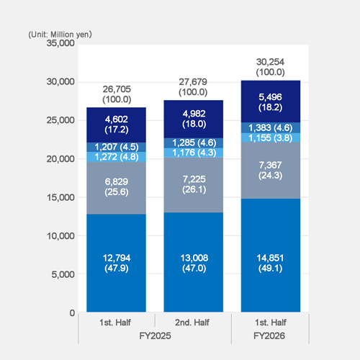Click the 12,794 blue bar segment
click(x=116, y=263)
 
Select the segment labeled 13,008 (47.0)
click(x=192, y=263)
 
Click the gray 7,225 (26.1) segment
click(x=192, y=185)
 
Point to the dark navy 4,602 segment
click(x=116, y=124)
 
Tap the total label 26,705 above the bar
click(x=116, y=89)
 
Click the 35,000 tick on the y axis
click(x=60, y=43)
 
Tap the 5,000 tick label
click(x=63, y=274)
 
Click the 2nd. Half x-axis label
click(x=192, y=322)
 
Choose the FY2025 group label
click(x=154, y=336)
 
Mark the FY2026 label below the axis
click(x=269, y=336)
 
